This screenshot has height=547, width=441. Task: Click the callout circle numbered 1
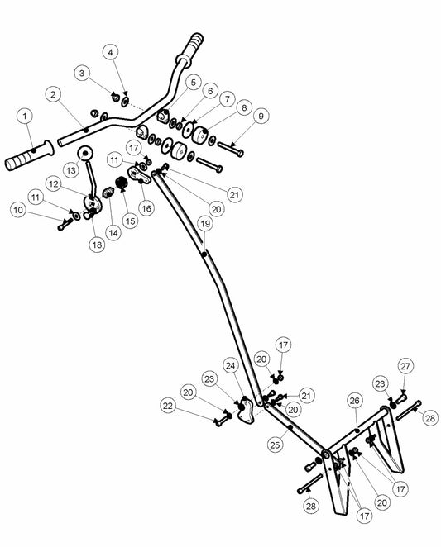(x=25, y=116)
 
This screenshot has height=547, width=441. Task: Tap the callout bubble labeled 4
(x=110, y=52)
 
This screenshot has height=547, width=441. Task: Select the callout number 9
(x=261, y=116)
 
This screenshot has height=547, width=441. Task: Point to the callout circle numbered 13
(x=71, y=170)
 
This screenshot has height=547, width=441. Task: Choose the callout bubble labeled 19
(x=205, y=223)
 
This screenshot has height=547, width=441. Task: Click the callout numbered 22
(x=168, y=406)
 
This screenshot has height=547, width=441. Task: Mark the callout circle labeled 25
(x=275, y=445)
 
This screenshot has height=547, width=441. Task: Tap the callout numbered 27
(x=405, y=366)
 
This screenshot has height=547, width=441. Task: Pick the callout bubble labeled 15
(x=130, y=221)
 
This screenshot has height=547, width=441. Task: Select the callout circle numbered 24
(x=230, y=365)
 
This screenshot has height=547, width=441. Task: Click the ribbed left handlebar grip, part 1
(x=29, y=155)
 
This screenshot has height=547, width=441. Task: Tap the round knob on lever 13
(x=85, y=153)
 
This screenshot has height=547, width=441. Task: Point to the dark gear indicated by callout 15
(x=122, y=183)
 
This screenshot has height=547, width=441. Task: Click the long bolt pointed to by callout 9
(x=230, y=148)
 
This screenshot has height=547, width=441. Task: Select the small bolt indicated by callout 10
(x=65, y=224)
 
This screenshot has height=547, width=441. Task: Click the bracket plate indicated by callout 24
(x=247, y=411)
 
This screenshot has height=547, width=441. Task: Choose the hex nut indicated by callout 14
(x=108, y=192)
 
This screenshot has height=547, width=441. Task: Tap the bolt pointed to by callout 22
(x=223, y=419)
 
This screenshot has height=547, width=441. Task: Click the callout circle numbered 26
(x=354, y=401)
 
